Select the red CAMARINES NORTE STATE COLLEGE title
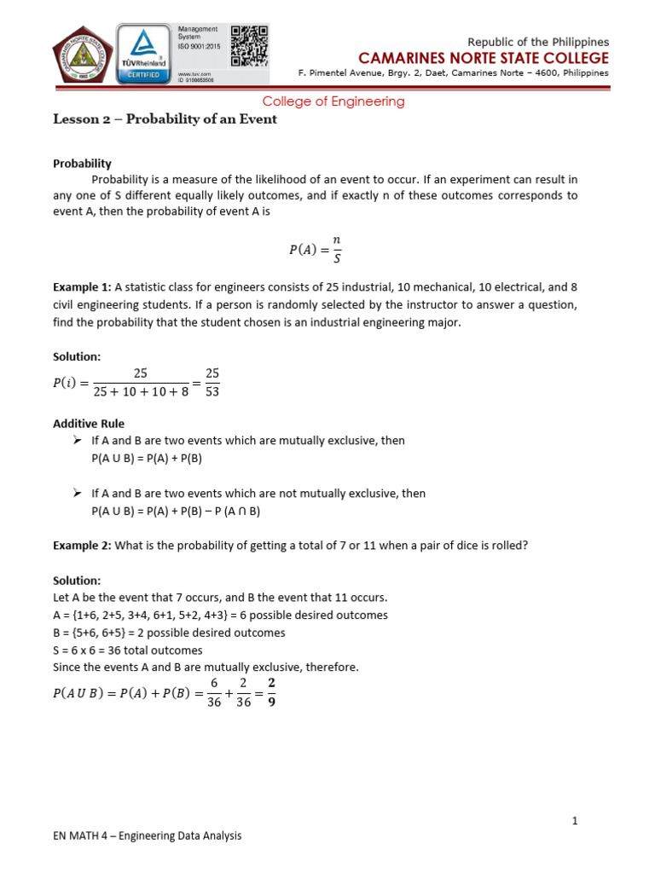(484, 58)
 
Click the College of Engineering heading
(333, 101)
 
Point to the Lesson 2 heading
(165, 119)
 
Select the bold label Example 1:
(82, 287)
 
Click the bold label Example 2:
(82, 546)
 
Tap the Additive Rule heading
(89, 423)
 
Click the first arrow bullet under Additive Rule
(78, 441)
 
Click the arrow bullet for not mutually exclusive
(78, 494)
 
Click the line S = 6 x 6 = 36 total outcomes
(128, 650)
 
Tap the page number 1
(575, 820)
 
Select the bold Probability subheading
(82, 163)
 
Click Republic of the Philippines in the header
(539, 42)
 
